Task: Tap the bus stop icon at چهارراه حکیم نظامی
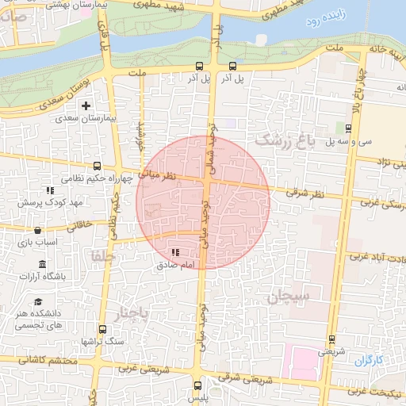[97, 167]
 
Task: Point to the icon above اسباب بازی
[37, 230]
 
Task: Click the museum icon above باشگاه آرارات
[41, 264]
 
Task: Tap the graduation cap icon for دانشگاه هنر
[38, 301]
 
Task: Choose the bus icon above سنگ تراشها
[102, 329]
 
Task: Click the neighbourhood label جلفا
[103, 256]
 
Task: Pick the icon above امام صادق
[174, 251]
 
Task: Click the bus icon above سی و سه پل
[349, 128]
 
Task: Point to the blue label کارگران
[368, 360]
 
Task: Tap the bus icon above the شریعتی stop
[331, 339]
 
